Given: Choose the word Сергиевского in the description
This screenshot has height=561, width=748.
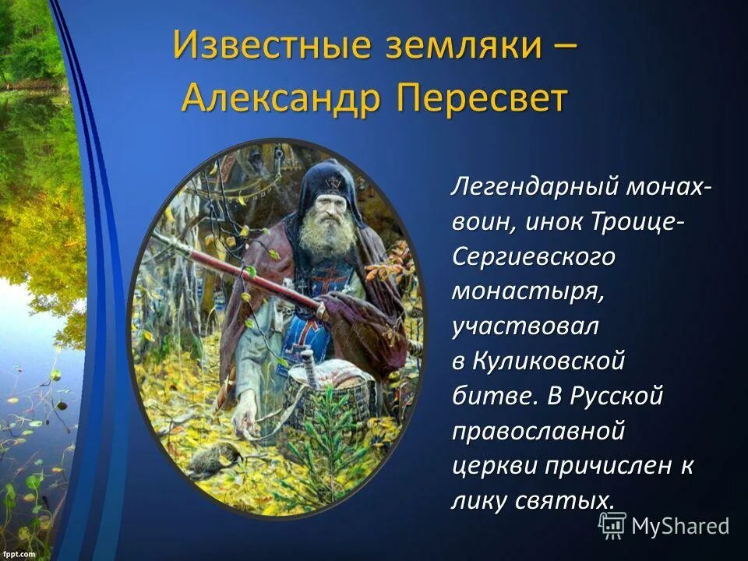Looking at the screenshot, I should [x=534, y=257].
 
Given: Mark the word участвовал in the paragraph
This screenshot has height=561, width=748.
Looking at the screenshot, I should [x=525, y=326].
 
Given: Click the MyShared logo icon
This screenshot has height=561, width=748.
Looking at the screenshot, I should [x=612, y=526].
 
